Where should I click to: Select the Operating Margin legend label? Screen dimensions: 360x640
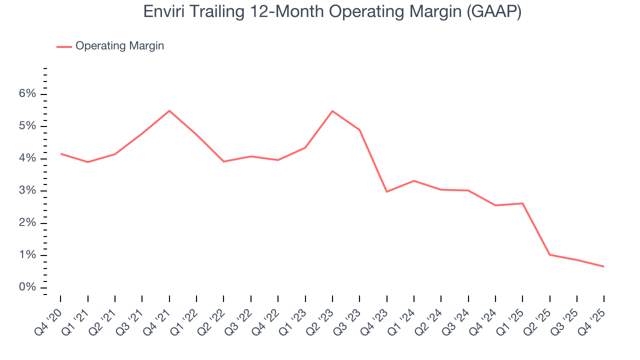[119, 46]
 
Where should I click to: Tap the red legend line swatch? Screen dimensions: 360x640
[64, 46]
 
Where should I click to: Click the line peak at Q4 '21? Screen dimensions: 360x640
[169, 110]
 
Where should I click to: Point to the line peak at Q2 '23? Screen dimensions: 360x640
[332, 111]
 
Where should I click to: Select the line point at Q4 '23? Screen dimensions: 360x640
[386, 191]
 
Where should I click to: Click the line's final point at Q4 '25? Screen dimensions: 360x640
[603, 266]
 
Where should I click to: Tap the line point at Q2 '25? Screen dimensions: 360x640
[549, 255]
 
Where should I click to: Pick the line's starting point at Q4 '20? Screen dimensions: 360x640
[61, 153]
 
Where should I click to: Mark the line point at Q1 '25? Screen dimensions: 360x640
[522, 203]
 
